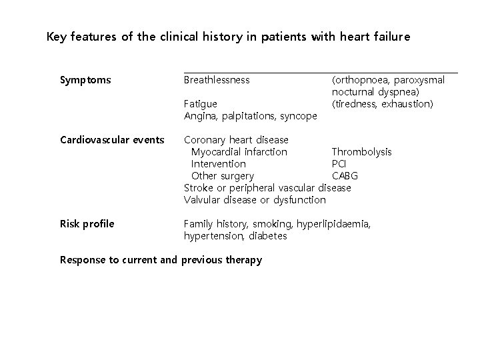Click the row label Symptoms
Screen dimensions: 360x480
pos(85,80)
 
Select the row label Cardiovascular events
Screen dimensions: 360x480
pos(112,140)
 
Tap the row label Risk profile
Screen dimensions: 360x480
pos(87,224)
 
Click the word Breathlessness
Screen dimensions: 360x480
pos(217,80)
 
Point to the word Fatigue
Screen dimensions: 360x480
pos(200,104)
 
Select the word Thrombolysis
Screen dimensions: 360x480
pos(362,152)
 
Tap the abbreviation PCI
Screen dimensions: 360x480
pos(339,164)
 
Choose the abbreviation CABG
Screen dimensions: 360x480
pos(345,176)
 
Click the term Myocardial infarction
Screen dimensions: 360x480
pos(239,152)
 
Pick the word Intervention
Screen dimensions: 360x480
pos(219,164)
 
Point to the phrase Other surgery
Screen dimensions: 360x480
pos(223,176)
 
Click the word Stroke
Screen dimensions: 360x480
pos(198,188)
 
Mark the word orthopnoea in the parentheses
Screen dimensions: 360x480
pos(363,80)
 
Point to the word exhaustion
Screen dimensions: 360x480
pos(407,104)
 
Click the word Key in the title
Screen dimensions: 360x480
pos(58,37)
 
